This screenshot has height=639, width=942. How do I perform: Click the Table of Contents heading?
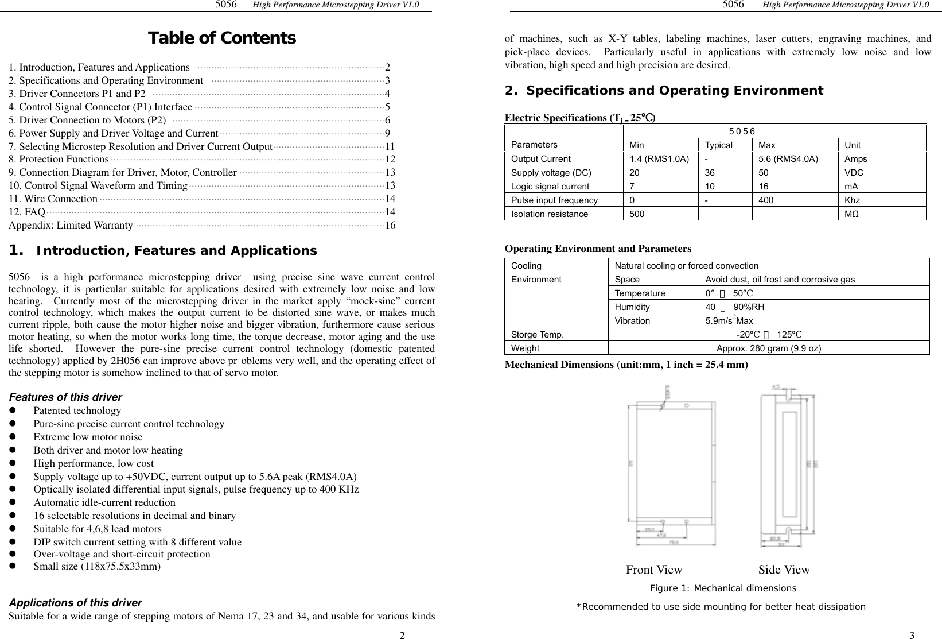coord(221,38)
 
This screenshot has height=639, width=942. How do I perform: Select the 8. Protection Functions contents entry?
coord(59,159)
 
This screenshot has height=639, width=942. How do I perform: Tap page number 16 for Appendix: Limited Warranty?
coord(390,225)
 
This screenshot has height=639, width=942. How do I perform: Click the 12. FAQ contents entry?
coord(27,212)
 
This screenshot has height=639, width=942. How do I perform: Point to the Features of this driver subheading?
coord(65,397)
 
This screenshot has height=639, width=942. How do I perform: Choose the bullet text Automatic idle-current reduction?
coord(104,502)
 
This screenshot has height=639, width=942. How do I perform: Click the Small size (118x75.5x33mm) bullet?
coord(97,567)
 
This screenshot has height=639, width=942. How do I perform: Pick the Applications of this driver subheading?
coord(75,603)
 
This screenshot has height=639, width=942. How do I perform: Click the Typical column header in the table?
coord(718,145)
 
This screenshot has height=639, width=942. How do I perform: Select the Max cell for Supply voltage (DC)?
coord(762,173)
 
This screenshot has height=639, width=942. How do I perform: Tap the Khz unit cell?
coord(852,200)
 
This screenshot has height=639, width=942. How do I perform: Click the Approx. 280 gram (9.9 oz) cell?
coord(768,348)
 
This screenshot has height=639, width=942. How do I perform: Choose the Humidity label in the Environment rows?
coord(632,307)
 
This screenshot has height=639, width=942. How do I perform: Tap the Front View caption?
coord(654,570)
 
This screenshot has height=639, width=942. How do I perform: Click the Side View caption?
coord(784,570)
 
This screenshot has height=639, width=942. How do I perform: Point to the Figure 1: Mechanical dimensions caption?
coord(723,588)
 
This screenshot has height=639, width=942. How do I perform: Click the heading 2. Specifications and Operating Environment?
coord(664,91)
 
